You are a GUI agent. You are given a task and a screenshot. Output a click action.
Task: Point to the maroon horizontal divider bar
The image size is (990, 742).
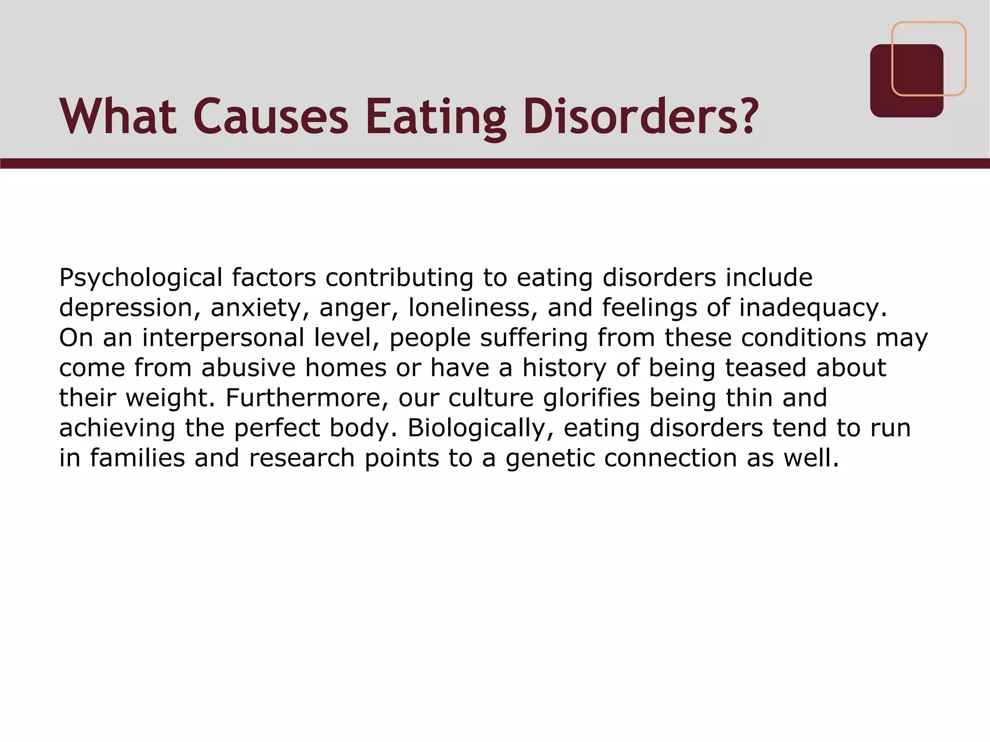pyautogui.click(x=495, y=163)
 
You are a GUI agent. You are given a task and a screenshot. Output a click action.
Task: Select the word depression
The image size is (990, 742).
pyautogui.click(x=126, y=308)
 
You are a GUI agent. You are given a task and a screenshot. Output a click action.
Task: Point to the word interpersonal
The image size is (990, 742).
pyautogui.click(x=223, y=338)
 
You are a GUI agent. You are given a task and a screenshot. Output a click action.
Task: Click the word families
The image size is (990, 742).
pyautogui.click(x=137, y=458)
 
